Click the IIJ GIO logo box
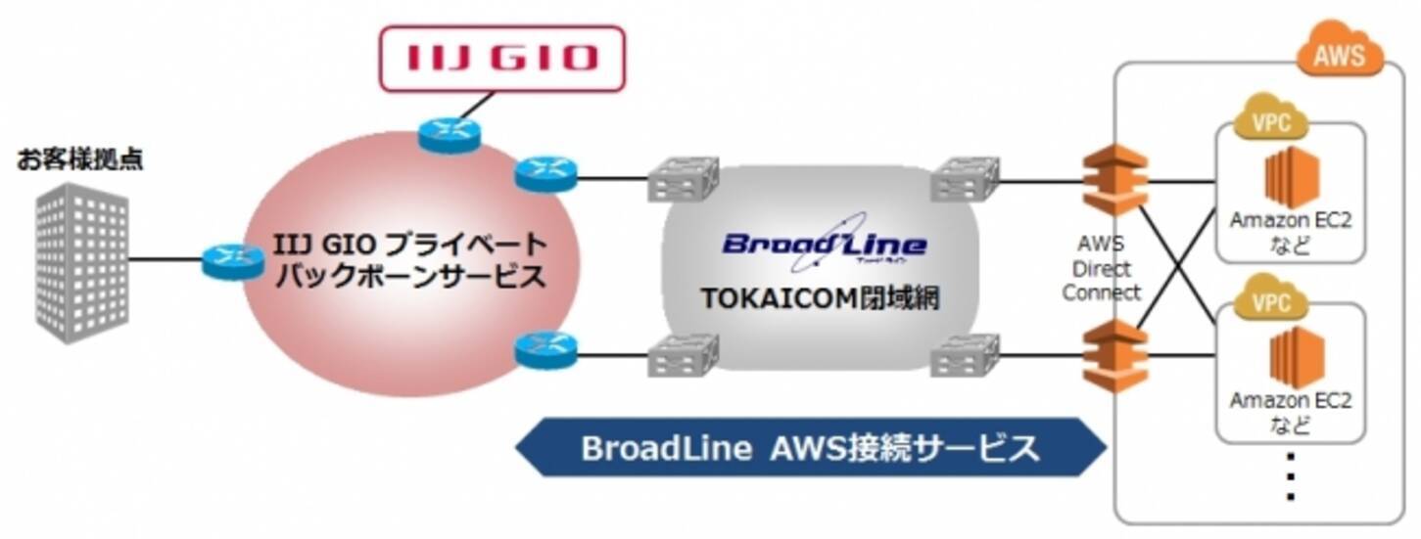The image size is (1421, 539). click(x=501, y=58)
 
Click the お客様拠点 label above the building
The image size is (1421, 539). click(x=80, y=158)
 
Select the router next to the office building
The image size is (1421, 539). click(x=233, y=260)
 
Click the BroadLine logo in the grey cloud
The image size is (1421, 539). click(x=824, y=245)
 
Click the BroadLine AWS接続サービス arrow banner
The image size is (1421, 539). click(x=810, y=448)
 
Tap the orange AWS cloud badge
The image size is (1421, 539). click(x=1339, y=55)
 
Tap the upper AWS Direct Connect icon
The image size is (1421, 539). click(x=1113, y=179)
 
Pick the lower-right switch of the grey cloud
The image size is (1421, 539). click(x=964, y=355)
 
